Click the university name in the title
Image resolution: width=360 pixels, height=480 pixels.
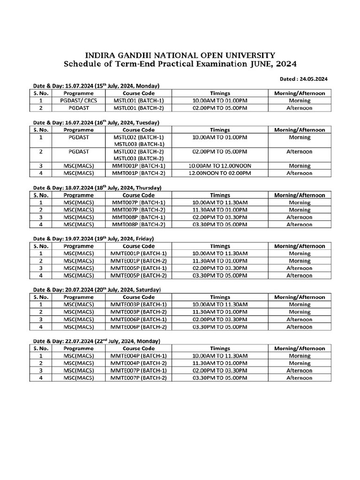point(180,55)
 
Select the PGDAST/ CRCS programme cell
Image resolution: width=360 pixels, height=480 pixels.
point(78,100)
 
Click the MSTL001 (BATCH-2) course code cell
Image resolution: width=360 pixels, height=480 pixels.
point(139,108)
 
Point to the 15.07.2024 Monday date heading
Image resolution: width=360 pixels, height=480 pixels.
point(96,86)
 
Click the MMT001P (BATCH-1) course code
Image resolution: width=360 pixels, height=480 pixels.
point(139,166)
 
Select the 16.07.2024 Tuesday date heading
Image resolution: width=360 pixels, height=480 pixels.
point(96,122)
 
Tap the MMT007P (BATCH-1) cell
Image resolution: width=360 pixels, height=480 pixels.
point(139,202)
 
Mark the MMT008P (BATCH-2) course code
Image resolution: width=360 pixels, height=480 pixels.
point(139,225)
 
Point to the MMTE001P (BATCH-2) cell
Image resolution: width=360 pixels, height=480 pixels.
point(139,261)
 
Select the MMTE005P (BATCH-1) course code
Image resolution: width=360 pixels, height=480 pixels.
point(139,268)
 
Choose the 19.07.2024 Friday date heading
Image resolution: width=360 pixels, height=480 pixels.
point(93,239)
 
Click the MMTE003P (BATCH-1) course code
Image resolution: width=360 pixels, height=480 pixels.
point(139,305)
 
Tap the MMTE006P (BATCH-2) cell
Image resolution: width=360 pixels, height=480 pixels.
point(139,327)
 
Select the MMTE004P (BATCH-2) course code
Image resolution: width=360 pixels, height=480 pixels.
point(139,363)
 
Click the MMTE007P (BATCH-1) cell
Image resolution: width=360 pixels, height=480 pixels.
point(139,370)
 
